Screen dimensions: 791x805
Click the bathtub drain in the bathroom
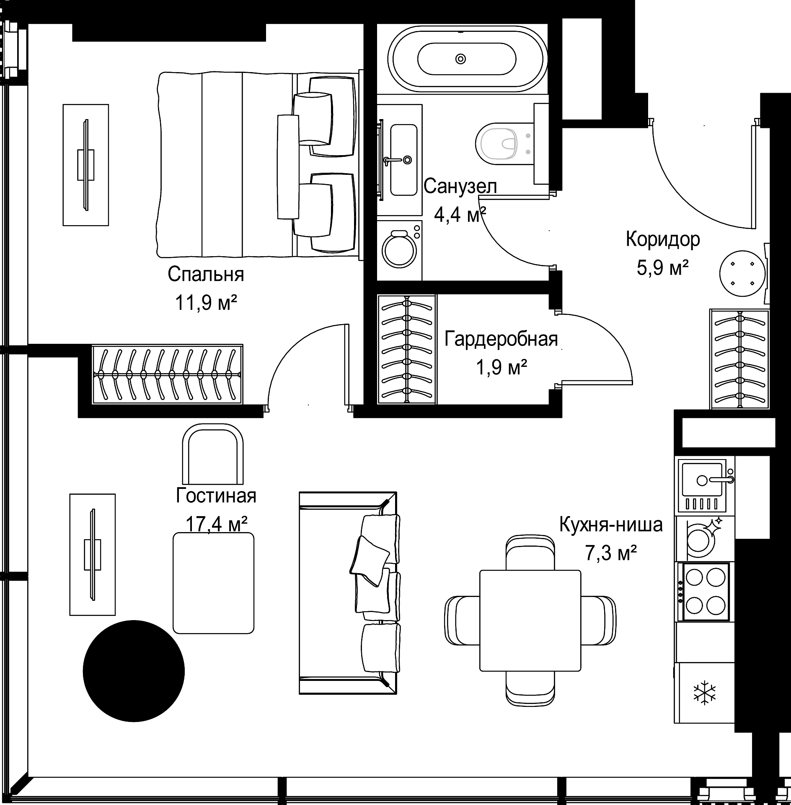click(460, 59)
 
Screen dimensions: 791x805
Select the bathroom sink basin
click(403, 159)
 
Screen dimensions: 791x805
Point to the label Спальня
click(206, 275)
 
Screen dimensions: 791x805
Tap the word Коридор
click(663, 239)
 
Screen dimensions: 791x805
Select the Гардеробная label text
click(501, 339)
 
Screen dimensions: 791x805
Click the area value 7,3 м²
click(611, 553)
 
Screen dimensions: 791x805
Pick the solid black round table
click(134, 671)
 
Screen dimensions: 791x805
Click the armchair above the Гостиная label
click(213, 454)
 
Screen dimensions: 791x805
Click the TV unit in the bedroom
click(85, 165)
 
